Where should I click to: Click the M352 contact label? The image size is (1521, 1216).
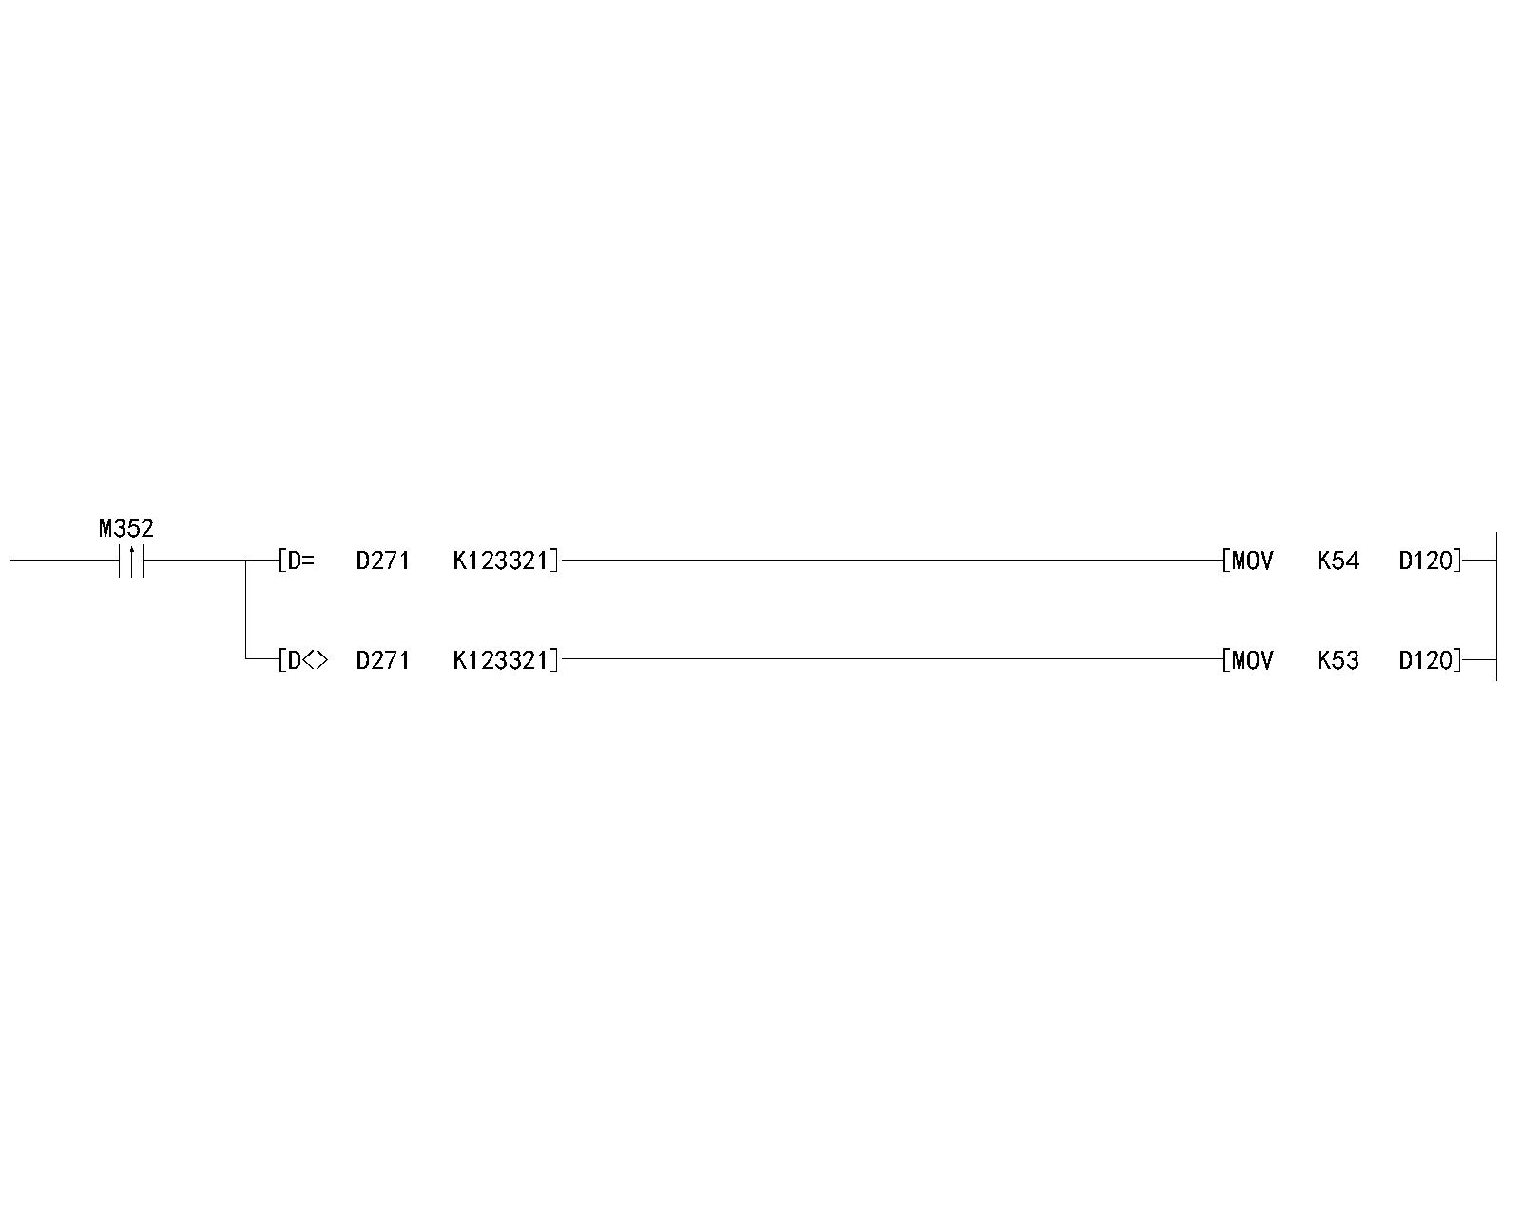coord(125,528)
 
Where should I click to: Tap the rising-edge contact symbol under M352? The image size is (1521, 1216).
coord(131,560)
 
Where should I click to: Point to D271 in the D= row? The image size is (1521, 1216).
coord(382,560)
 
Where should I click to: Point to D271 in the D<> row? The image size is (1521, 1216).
coord(382,660)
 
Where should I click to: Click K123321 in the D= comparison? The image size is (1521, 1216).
coord(501,560)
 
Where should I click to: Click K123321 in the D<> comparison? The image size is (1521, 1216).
coord(501,660)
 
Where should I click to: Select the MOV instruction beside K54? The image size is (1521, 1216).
coord(1252,560)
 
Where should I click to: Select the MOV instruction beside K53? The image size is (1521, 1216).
coord(1252,660)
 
